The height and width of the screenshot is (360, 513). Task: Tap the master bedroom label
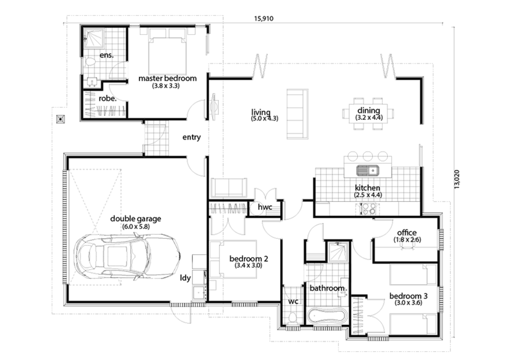tap(168, 79)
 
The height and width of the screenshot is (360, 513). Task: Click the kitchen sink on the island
tap(368, 171)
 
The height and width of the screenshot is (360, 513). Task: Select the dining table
tap(368, 114)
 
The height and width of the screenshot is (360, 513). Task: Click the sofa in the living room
tap(298, 114)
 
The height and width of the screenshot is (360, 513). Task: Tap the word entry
tap(191, 137)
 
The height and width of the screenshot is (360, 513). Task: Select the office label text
tap(407, 233)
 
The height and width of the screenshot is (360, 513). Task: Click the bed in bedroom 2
tap(233, 259)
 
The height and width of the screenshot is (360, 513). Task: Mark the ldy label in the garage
tap(185, 278)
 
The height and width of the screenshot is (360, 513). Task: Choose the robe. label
tap(108, 98)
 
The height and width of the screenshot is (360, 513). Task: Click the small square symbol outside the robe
tap(60, 119)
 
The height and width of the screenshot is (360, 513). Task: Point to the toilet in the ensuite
tap(91, 62)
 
